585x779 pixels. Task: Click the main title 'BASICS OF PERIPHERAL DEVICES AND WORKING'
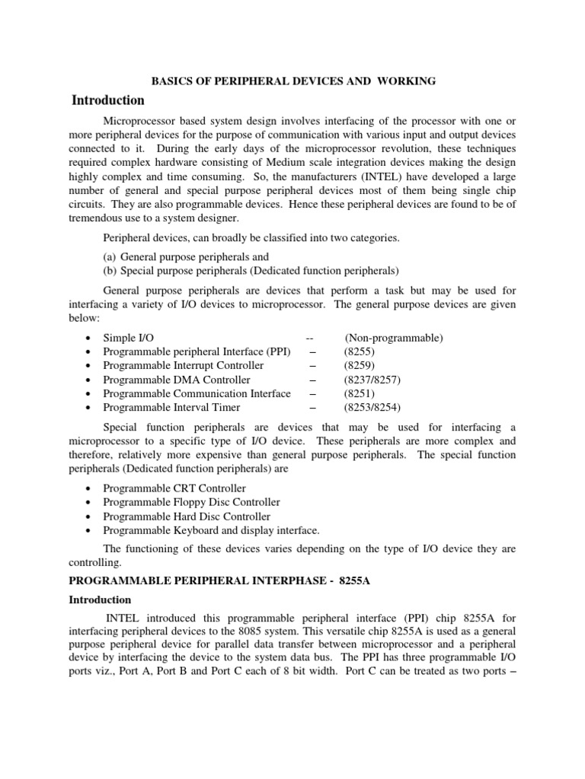(x=292, y=81)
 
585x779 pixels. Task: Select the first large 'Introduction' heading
(x=107, y=100)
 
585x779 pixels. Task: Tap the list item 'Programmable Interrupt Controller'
(x=183, y=365)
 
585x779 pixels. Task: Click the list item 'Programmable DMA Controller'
(x=176, y=380)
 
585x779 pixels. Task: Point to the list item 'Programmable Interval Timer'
(x=174, y=407)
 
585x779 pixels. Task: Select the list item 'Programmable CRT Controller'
(x=174, y=488)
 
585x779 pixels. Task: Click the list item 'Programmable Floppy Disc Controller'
(x=191, y=502)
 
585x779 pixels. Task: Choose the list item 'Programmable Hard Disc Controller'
(x=187, y=516)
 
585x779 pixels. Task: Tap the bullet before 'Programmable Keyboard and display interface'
(x=91, y=530)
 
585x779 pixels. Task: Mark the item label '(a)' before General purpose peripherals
(x=110, y=257)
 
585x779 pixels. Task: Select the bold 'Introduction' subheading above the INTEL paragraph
(x=100, y=600)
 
